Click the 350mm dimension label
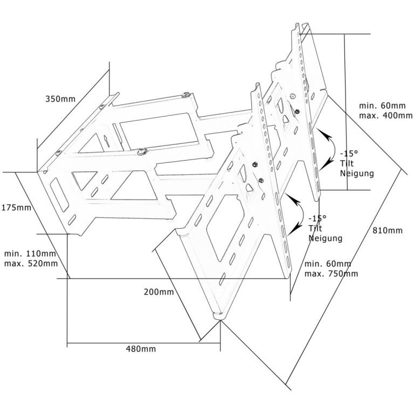(x=60, y=99)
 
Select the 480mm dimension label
(x=141, y=349)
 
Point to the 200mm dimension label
(x=158, y=292)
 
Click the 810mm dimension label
(x=387, y=231)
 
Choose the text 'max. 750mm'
(x=331, y=273)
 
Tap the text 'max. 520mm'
(x=31, y=264)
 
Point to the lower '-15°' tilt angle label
(x=317, y=218)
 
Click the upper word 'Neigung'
(x=357, y=174)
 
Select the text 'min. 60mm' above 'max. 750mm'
(x=328, y=264)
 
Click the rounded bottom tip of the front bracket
(x=218, y=316)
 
